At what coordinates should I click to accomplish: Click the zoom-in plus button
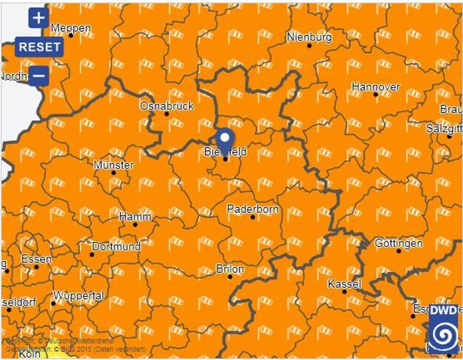(x=39, y=18)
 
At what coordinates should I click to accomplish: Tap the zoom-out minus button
(x=39, y=75)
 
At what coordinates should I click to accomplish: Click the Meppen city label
(x=71, y=28)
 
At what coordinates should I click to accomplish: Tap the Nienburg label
(x=309, y=37)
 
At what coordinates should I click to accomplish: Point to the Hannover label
(x=376, y=87)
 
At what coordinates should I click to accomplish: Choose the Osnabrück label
(x=166, y=106)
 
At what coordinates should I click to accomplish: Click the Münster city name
(x=113, y=165)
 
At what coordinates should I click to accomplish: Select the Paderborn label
(x=253, y=209)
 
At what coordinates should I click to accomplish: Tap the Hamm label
(x=135, y=217)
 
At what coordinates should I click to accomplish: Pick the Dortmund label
(x=116, y=247)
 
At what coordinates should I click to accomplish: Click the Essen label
(x=36, y=259)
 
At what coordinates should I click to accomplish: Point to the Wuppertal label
(x=79, y=296)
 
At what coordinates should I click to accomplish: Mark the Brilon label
(x=230, y=269)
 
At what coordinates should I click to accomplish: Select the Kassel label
(x=344, y=284)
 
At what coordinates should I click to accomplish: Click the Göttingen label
(x=399, y=243)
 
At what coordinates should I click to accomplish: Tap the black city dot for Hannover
(x=376, y=94)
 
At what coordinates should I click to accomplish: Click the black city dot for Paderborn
(x=253, y=217)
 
